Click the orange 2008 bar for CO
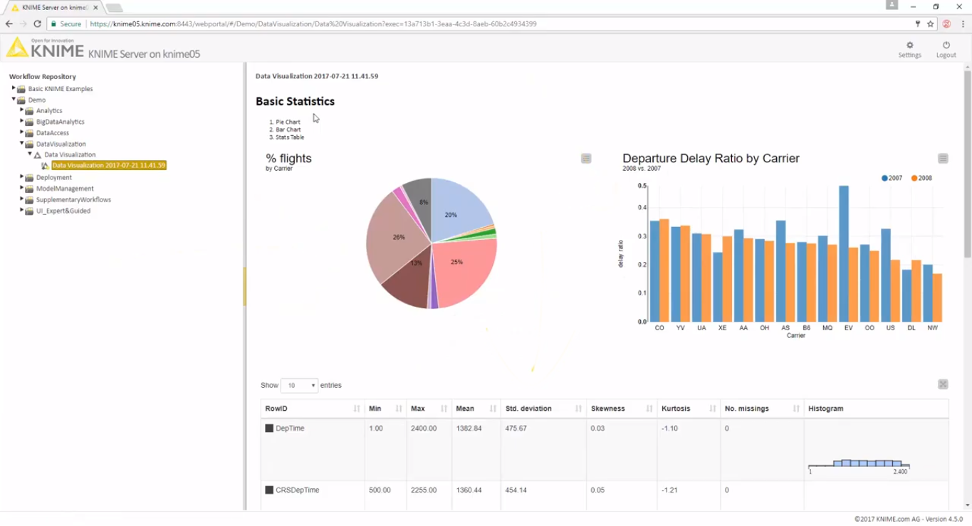tap(664, 270)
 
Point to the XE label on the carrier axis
tap(723, 328)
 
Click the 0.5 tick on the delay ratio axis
tap(642, 186)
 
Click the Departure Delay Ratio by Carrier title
tap(711, 159)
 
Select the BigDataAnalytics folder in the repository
tap(60, 122)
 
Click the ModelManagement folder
tap(65, 189)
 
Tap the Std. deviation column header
tap(528, 409)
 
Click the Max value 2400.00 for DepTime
tap(424, 428)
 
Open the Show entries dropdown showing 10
tap(299, 385)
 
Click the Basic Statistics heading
tap(295, 101)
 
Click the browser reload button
tap(38, 23)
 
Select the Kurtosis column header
tap(676, 409)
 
